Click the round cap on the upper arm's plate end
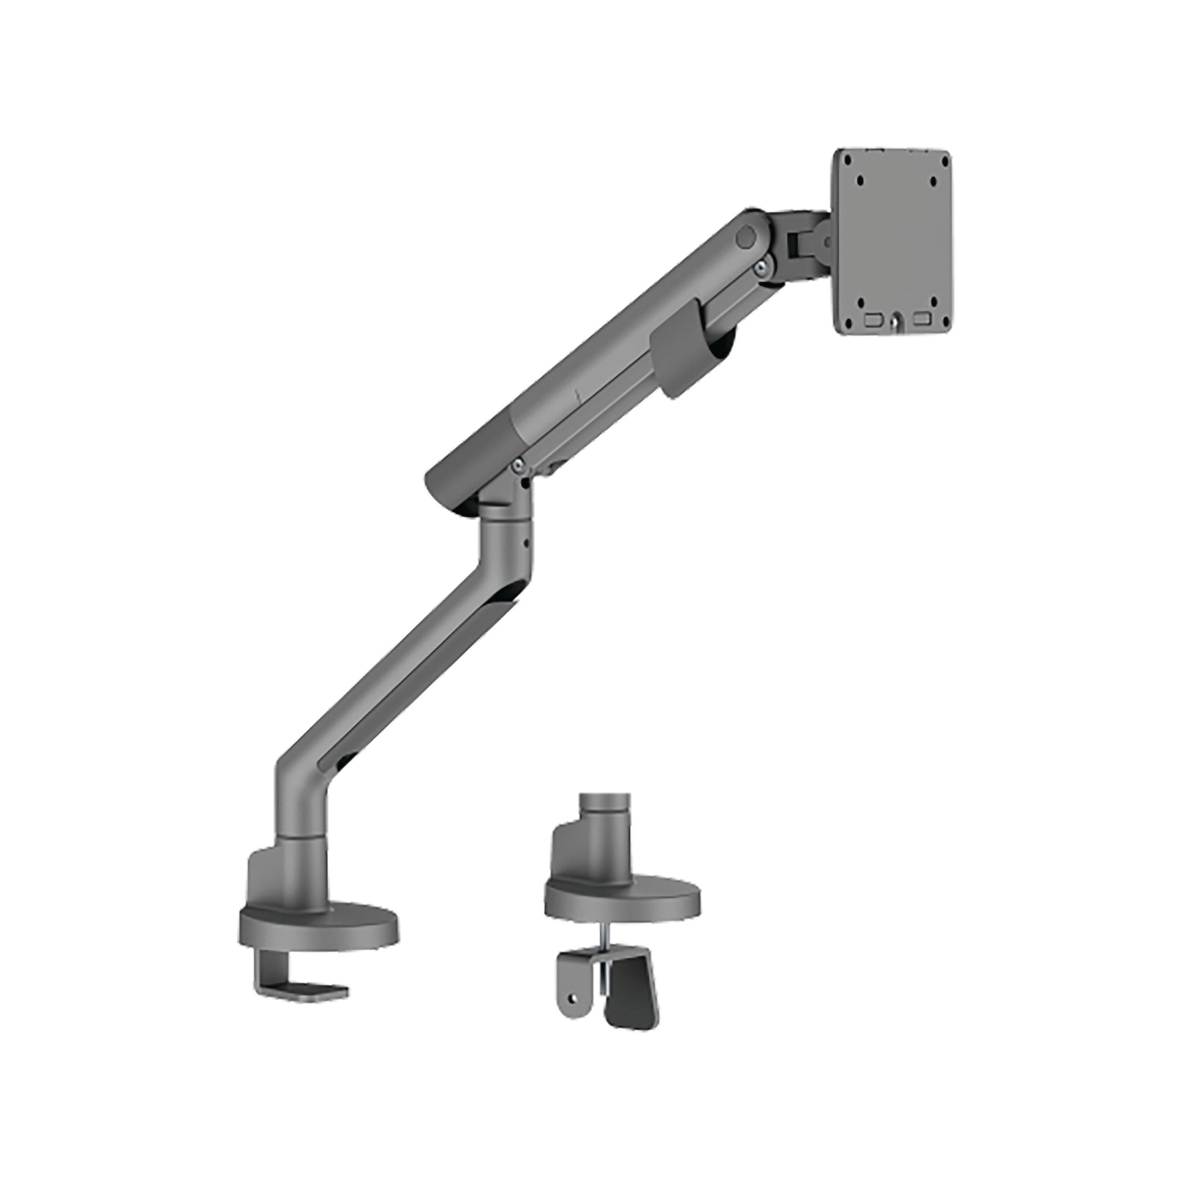coord(747,239)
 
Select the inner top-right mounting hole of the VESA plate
coord(933,181)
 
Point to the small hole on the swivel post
coord(525,542)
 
